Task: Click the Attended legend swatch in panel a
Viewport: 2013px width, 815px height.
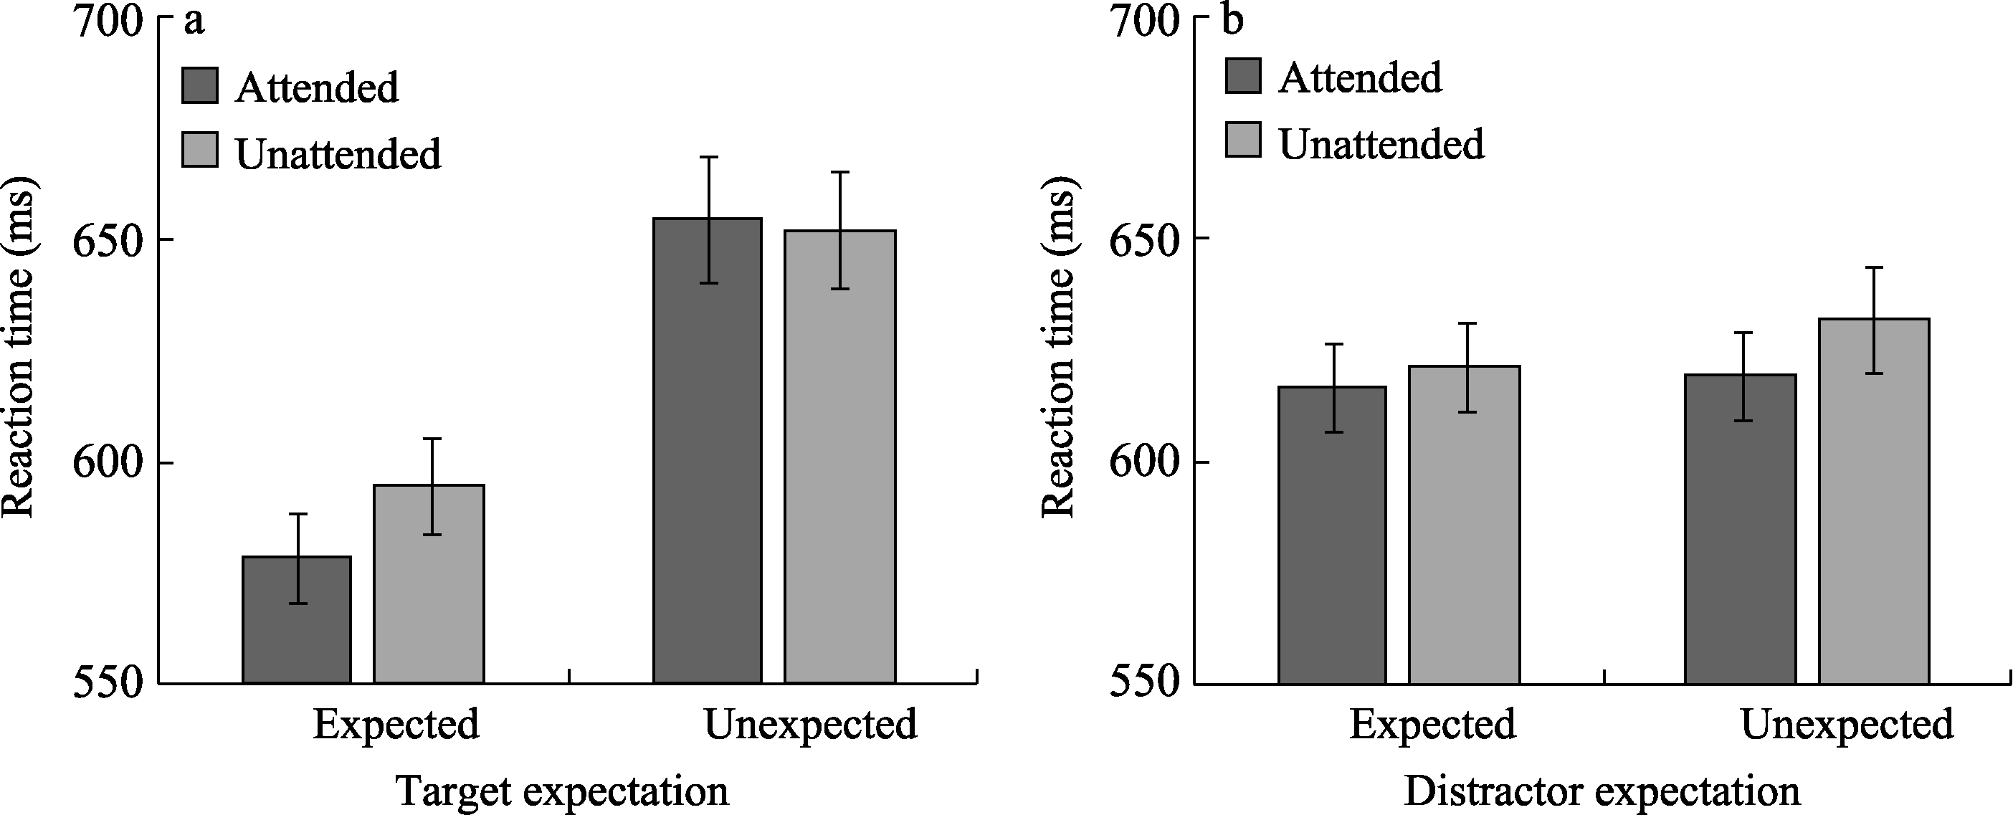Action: tap(200, 86)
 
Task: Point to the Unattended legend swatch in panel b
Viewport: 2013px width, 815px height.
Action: tap(1243, 140)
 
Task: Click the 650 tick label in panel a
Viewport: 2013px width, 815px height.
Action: tap(108, 239)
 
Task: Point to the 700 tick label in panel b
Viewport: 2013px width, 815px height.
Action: tap(1145, 19)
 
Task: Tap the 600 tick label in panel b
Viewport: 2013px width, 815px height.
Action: tap(1145, 462)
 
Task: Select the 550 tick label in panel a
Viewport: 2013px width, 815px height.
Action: tap(108, 683)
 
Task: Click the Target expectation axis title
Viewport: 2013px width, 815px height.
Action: tap(563, 791)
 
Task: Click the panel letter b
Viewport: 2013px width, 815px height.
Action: tap(1232, 20)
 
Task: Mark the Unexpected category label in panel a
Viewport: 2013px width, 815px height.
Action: tap(810, 725)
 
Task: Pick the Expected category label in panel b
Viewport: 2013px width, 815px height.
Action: tap(1432, 725)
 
